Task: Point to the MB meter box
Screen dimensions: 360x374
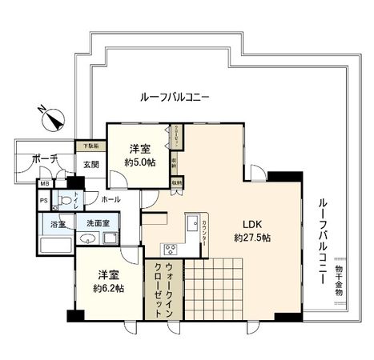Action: click(x=44, y=184)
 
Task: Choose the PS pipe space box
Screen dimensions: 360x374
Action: click(x=44, y=200)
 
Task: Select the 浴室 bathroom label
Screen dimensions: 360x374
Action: click(x=58, y=225)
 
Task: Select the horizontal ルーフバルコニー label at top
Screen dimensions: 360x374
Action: click(x=175, y=97)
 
